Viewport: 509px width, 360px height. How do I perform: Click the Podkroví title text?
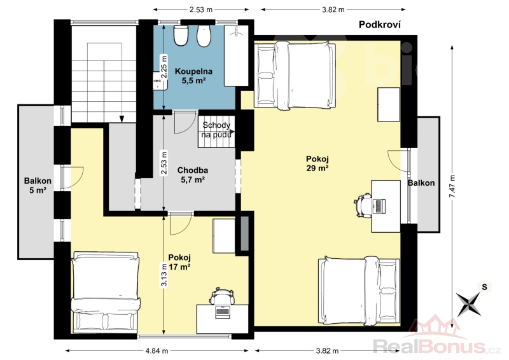(x=379, y=25)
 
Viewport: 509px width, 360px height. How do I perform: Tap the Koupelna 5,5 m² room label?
(x=193, y=76)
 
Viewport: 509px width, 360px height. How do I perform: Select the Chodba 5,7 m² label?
(x=193, y=175)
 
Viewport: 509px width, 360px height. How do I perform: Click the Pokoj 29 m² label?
(x=317, y=163)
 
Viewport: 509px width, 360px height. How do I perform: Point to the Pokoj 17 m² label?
(x=179, y=262)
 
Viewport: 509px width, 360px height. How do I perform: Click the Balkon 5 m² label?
(x=38, y=185)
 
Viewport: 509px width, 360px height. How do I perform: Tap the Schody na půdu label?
(x=216, y=130)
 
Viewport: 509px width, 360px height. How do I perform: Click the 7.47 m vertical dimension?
(x=452, y=186)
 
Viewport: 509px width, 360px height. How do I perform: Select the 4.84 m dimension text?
(x=157, y=350)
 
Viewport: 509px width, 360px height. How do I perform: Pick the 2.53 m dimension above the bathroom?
(x=201, y=10)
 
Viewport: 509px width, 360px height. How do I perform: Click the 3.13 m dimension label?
(x=164, y=275)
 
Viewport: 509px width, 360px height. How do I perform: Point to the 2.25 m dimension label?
(x=164, y=67)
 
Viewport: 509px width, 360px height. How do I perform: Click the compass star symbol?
(x=469, y=304)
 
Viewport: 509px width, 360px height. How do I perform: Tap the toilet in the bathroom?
(x=181, y=35)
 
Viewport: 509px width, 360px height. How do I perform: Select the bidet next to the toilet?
(x=204, y=36)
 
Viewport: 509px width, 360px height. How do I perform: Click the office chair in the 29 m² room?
(x=363, y=205)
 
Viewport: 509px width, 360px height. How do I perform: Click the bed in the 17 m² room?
(x=106, y=291)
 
